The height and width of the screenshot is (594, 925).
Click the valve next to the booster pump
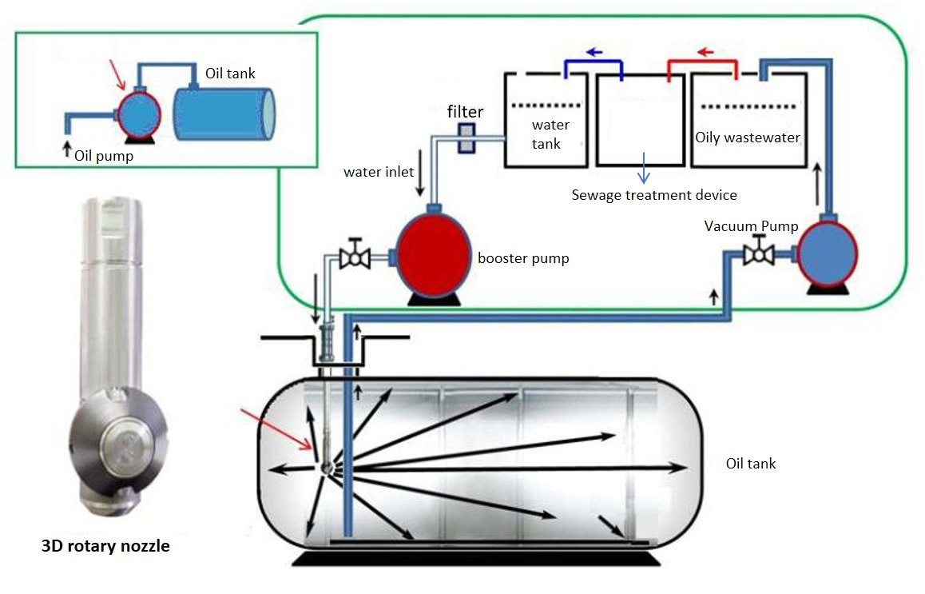pos(351,258)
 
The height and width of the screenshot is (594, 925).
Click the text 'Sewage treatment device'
pos(653,195)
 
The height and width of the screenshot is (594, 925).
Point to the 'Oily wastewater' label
pos(747,138)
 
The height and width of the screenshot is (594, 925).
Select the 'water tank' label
pos(551,134)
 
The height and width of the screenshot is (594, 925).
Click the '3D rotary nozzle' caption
pos(105,548)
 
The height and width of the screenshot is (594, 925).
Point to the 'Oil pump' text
pos(103,157)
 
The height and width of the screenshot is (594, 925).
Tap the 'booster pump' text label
pos(523,259)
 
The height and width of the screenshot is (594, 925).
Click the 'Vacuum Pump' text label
pos(751,226)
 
